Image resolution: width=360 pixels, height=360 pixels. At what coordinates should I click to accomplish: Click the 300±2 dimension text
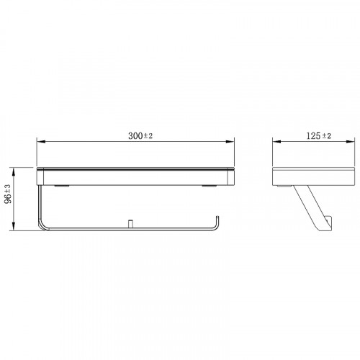pos(140,136)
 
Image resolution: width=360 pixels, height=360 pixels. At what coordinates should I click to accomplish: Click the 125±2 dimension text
pos(318,136)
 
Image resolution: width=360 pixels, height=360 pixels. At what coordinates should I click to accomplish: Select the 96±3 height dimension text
pos(8,194)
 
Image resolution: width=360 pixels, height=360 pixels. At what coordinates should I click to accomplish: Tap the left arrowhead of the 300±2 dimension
pos(40,142)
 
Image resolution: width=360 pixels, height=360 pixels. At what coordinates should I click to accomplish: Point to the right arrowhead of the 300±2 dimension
pos(230,142)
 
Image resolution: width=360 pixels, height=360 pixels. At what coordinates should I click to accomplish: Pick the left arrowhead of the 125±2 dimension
pos(276,142)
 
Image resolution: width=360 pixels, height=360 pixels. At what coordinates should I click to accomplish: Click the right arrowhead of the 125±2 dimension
pos(351,142)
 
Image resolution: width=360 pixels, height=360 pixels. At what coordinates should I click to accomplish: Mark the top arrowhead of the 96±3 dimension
pos(14,171)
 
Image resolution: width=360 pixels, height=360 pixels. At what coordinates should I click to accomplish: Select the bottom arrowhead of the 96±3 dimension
pos(14,227)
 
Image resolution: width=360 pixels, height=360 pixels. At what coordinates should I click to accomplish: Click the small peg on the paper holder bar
pos(130,223)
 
